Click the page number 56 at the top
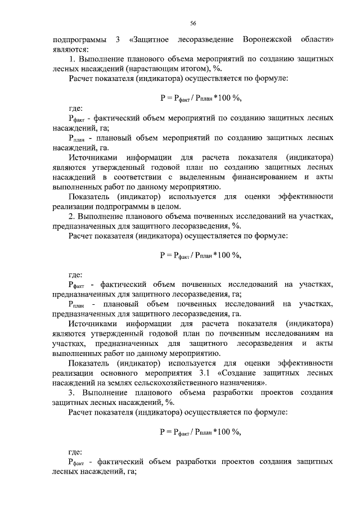(192, 22)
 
